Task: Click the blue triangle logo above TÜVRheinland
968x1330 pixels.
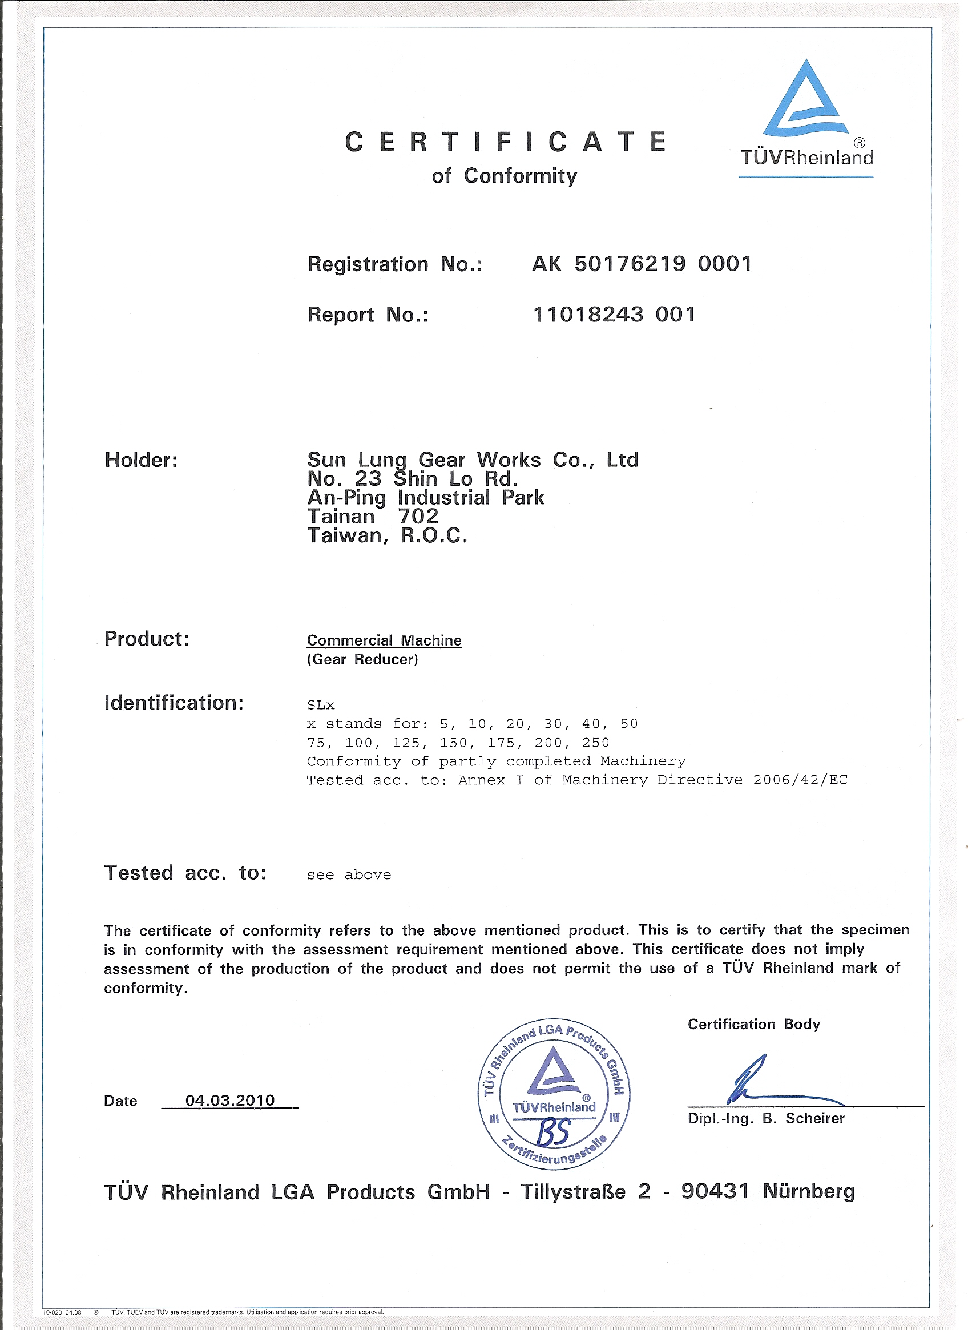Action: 806,100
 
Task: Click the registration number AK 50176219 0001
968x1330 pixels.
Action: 642,264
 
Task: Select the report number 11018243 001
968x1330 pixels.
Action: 614,315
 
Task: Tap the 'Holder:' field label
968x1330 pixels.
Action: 141,460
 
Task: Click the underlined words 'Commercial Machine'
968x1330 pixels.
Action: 384,640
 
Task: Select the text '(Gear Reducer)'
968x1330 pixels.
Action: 362,659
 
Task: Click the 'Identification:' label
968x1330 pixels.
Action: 174,702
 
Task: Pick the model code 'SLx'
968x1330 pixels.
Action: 321,705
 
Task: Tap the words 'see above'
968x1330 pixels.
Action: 349,874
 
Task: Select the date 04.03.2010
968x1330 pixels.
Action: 230,1100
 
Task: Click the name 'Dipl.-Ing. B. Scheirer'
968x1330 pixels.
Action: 766,1118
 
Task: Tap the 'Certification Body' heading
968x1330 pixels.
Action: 753,1024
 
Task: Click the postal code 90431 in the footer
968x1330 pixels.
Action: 715,1191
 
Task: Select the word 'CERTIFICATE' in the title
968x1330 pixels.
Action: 505,143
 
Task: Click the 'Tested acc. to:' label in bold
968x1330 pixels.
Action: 185,873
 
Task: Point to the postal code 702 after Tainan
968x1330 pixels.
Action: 418,516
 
